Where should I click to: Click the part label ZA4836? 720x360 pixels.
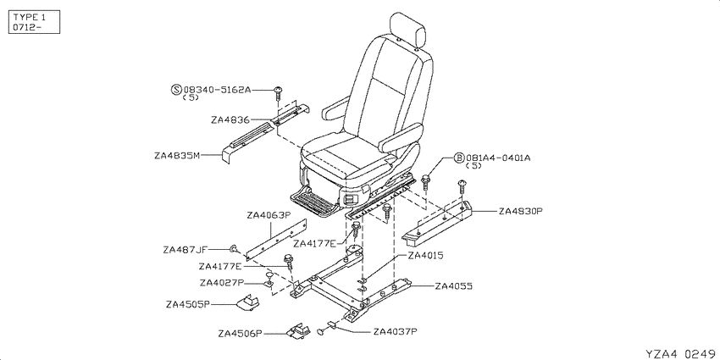coord(230,120)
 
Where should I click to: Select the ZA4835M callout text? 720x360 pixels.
coord(177,156)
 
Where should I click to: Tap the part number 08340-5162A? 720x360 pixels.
coord(217,90)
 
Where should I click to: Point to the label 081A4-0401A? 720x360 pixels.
coord(498,158)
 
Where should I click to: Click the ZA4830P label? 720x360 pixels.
coord(521,211)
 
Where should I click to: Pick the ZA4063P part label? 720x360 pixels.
coord(269,215)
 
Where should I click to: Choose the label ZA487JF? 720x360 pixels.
coord(186,250)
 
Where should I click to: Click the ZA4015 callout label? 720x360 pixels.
coord(425,256)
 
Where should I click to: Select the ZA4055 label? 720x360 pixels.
coord(454,286)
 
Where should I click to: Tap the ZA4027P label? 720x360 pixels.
coord(222,282)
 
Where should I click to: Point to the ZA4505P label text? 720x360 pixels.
coord(188,304)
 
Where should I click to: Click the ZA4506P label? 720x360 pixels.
coord(240,334)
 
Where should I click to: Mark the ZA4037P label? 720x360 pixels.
coord(396,331)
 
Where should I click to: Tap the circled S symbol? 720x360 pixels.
coord(176,90)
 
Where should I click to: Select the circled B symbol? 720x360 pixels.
coord(459,158)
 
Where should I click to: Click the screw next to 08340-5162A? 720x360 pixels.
coord(278,93)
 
